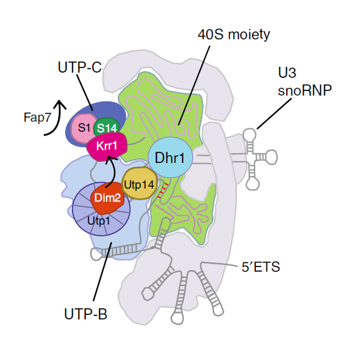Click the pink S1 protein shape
coord(84,128)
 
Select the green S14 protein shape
coord(107,126)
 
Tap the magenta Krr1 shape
coord(107,146)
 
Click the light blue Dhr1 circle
coord(170,158)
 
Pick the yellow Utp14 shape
coord(139,183)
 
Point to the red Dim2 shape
coord(107,198)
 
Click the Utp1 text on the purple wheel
coord(98,221)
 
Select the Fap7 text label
coord(37,118)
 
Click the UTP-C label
coord(80,67)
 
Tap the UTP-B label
coord(86,314)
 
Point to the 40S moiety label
coord(234,35)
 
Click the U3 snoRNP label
coord(304,82)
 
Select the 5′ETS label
coord(261,267)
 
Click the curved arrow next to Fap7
coord(59,119)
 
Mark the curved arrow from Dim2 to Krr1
coord(114,171)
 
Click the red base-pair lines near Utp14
coord(163,190)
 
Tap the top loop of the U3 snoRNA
coord(249,134)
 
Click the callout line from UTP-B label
coord(102,271)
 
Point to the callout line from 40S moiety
coord(194,85)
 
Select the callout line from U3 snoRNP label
coord(274,114)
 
